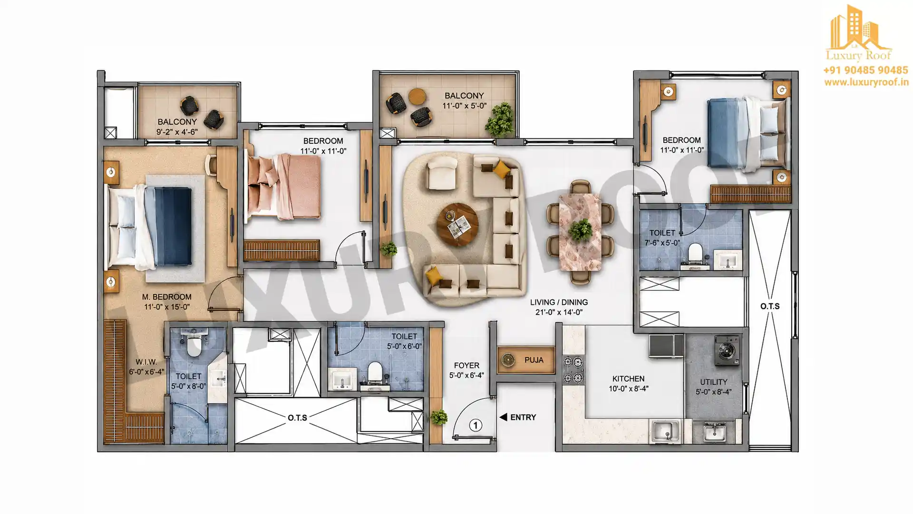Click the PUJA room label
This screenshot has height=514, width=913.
pyautogui.click(x=534, y=360)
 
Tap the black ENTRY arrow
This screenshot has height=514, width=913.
pyautogui.click(x=503, y=417)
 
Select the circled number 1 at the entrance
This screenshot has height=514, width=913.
pyautogui.click(x=476, y=425)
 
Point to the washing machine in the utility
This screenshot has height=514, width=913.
pyautogui.click(x=727, y=351)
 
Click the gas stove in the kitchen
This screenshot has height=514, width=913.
pyautogui.click(x=573, y=370)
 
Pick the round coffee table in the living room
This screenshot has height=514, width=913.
pyautogui.click(x=458, y=224)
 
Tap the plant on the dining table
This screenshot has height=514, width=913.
pyautogui.click(x=580, y=231)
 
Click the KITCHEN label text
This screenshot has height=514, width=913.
pyautogui.click(x=628, y=379)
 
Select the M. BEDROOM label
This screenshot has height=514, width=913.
pyautogui.click(x=167, y=297)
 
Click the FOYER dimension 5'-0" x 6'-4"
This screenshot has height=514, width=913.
pyautogui.click(x=466, y=376)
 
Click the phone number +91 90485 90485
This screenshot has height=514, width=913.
pyautogui.click(x=865, y=70)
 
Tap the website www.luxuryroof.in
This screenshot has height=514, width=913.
pyautogui.click(x=866, y=82)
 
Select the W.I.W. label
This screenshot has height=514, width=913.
pyautogui.click(x=146, y=362)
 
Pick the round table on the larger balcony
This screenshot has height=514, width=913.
pyautogui.click(x=418, y=96)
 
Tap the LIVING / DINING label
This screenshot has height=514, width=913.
pyautogui.click(x=559, y=302)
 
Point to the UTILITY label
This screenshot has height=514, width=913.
pyautogui.click(x=713, y=382)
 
